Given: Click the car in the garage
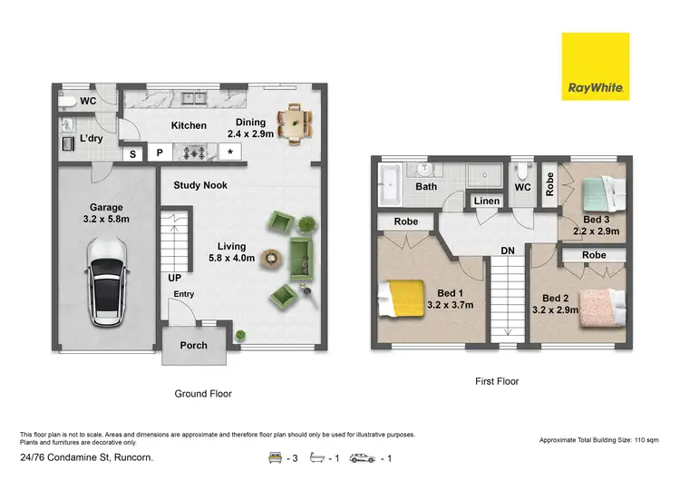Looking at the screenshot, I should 108,282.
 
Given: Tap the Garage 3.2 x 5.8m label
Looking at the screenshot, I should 106,213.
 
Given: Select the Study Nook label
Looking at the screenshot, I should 201,185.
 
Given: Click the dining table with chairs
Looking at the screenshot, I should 293,123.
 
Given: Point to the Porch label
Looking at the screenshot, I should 194,346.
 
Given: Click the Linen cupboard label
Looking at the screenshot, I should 486,201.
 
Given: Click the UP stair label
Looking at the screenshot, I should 176,277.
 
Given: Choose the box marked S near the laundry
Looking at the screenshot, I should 131,153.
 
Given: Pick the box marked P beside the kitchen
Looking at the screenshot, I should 159,153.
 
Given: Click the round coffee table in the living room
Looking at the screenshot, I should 270,260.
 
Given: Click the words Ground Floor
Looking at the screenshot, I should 203,394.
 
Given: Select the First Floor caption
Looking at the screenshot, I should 496,381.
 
